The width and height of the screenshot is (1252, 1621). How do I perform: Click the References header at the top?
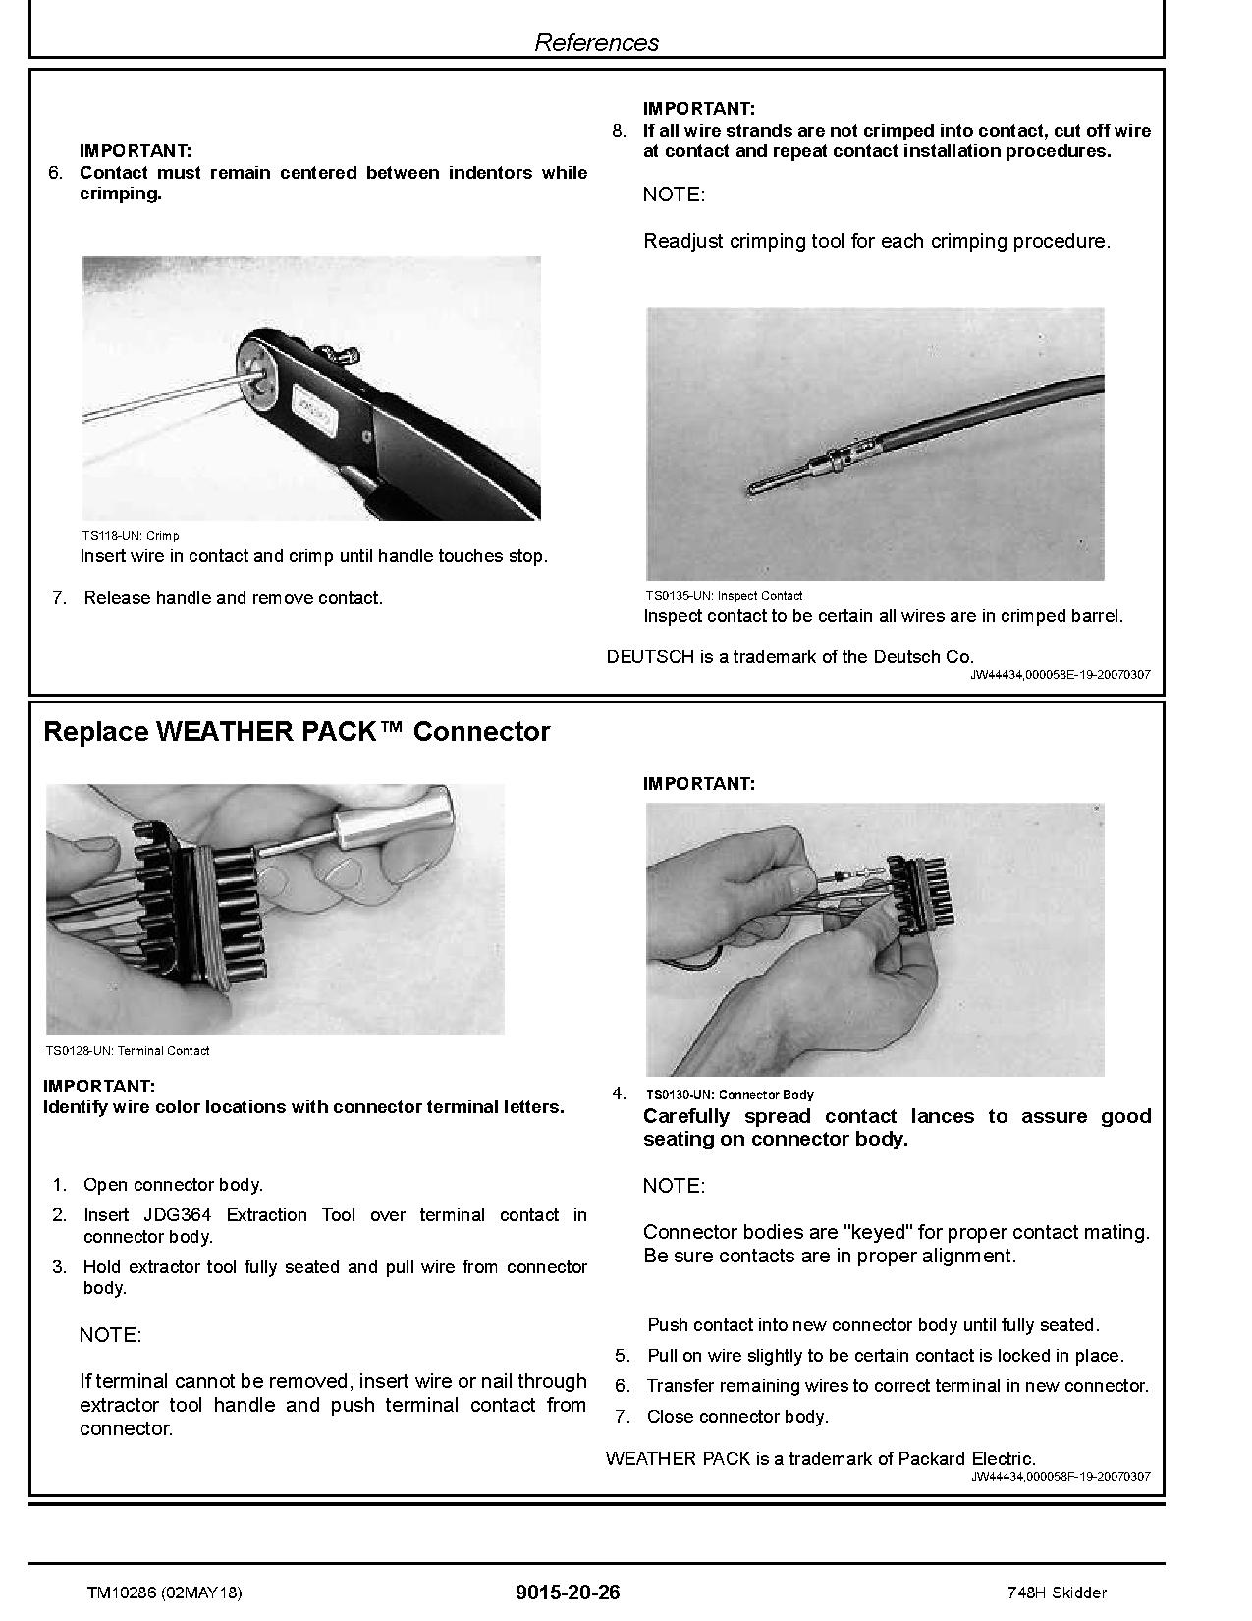596,42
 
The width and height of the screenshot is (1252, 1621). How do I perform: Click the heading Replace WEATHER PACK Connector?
297,732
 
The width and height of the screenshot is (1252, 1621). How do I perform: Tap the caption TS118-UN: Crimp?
130,536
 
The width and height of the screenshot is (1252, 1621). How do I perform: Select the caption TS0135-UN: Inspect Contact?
723,596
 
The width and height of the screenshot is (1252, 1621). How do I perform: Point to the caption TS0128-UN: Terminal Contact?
127,1051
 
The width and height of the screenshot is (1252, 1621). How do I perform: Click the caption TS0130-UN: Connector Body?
729,1094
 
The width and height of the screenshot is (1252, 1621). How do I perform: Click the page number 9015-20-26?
568,1593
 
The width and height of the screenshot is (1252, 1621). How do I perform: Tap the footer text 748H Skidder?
1057,1593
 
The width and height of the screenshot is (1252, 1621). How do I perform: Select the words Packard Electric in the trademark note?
966,1459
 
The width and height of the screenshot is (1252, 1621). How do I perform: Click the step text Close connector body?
736,1417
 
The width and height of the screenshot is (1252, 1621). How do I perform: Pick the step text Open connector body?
173,1185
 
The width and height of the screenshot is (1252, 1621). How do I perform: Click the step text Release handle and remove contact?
233,598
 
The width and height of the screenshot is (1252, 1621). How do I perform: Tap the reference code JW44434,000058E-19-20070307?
1061,675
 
